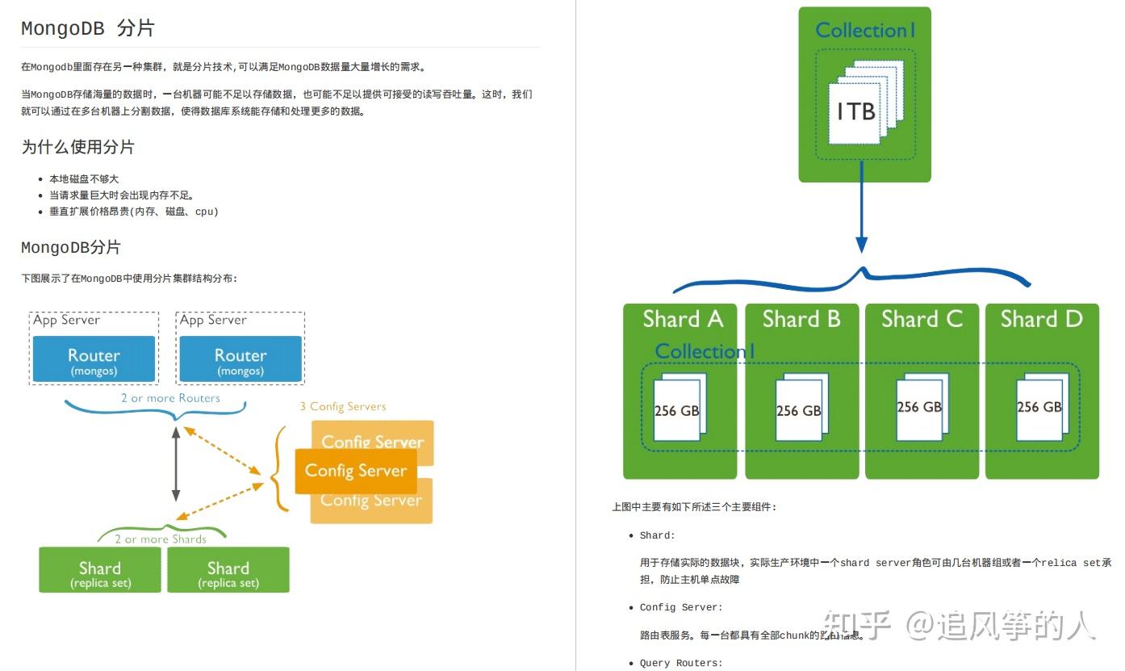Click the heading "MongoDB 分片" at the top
(x=87, y=28)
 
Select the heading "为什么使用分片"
(x=77, y=147)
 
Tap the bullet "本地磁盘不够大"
(x=84, y=179)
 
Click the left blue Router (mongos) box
(x=94, y=360)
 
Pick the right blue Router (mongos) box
(x=240, y=360)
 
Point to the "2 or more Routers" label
(x=170, y=398)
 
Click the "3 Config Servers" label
(x=343, y=406)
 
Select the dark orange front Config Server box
(x=356, y=471)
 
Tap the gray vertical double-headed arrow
(x=176, y=465)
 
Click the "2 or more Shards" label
(x=161, y=539)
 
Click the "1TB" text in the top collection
(x=856, y=111)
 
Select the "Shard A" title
(x=683, y=319)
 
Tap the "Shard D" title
(x=1041, y=319)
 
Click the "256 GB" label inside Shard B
(x=798, y=411)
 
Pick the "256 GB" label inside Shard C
(x=919, y=407)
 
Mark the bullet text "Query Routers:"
(x=681, y=663)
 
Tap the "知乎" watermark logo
(x=856, y=625)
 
